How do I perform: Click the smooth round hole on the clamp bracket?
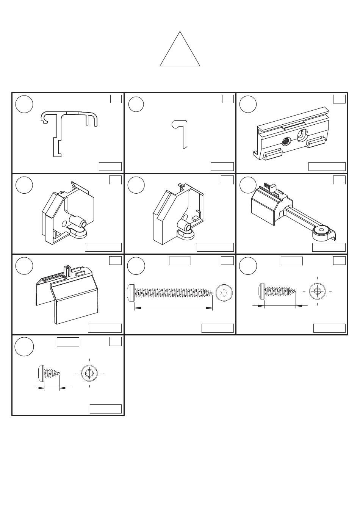[x=303, y=135]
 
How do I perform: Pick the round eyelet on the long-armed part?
[x=322, y=230]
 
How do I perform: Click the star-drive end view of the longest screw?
[x=224, y=292]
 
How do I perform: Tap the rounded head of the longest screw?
[x=131, y=292]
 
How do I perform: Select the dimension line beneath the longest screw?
[x=173, y=308]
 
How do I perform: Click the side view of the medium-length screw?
[x=277, y=291]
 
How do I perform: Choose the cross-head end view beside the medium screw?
[x=317, y=291]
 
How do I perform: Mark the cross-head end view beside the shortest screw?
[x=89, y=373]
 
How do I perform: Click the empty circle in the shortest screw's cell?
[x=24, y=346]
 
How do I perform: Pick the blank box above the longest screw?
[x=180, y=261]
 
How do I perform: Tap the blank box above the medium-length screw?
[x=291, y=261]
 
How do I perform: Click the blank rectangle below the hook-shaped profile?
[x=222, y=166]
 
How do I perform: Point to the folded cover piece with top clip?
[x=66, y=292]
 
